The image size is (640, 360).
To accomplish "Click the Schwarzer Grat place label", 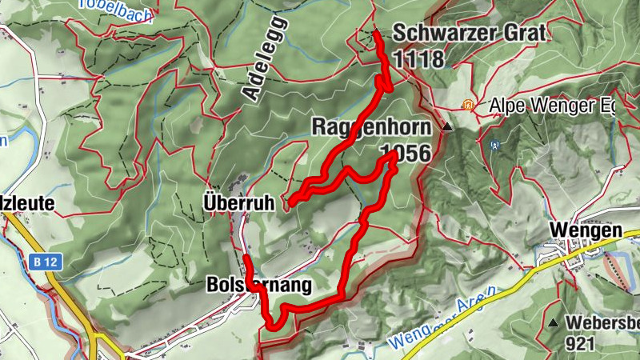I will [x=469, y=34].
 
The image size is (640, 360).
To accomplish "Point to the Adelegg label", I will [x=263, y=57].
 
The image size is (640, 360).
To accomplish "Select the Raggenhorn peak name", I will [x=370, y=127].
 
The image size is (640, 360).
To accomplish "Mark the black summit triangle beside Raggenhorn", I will [x=447, y=127].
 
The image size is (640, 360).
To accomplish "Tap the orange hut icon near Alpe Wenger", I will [x=467, y=105].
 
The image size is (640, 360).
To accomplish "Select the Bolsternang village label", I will [x=257, y=285].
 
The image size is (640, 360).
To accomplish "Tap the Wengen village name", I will [x=586, y=230].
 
